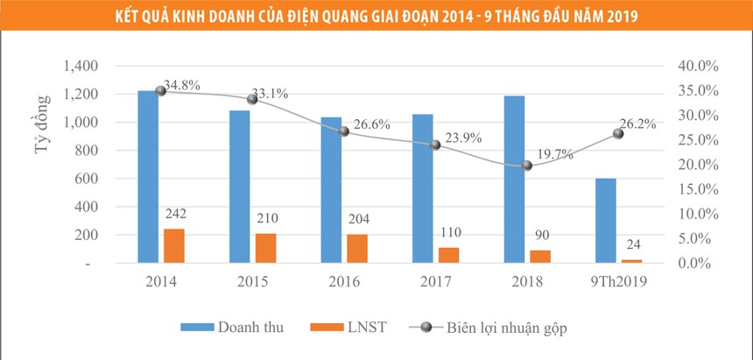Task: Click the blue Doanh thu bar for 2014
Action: coord(148,176)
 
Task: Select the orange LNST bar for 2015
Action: coord(266,248)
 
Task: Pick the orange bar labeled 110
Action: coord(449,255)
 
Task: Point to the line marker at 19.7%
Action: coord(527,166)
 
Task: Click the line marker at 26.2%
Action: coord(618,133)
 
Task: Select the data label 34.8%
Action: coord(182,86)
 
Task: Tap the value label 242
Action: coord(175,213)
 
